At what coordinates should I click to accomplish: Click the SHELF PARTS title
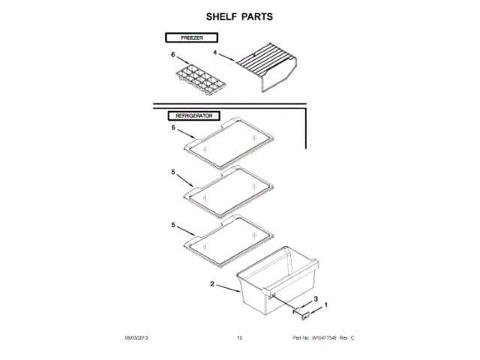point(240,16)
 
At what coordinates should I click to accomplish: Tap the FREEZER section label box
point(191,37)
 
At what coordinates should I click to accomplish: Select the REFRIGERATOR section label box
point(193,117)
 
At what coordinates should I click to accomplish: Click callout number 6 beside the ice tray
point(172,55)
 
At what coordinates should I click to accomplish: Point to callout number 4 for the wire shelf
point(214,53)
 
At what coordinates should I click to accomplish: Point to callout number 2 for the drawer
point(212,285)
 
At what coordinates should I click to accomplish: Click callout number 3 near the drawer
point(315,299)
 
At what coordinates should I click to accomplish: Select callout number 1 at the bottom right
point(325,304)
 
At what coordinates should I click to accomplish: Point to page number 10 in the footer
point(240,339)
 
